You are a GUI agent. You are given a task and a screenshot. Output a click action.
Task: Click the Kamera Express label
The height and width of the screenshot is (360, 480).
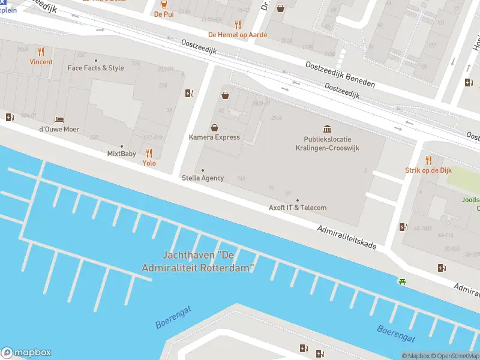click(214, 137)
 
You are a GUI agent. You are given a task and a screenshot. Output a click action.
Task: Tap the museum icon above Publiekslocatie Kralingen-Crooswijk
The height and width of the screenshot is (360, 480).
click(327, 129)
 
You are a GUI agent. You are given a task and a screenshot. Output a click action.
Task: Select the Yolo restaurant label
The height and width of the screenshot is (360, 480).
click(149, 163)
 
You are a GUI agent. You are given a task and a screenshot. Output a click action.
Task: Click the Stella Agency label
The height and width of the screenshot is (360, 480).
click(203, 178)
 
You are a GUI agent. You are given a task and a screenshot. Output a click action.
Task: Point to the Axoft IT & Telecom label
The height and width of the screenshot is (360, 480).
click(298, 208)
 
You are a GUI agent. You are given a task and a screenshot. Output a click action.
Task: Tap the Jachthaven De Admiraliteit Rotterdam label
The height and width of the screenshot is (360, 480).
click(198, 262)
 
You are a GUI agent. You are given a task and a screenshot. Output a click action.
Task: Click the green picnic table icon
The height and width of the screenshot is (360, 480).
click(402, 281)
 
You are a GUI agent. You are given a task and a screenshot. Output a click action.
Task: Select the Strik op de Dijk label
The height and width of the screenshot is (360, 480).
click(428, 170)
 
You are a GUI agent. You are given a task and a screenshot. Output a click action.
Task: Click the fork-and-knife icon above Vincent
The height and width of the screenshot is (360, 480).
click(41, 52)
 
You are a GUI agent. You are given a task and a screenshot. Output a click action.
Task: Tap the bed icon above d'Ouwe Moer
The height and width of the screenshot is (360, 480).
click(59, 120)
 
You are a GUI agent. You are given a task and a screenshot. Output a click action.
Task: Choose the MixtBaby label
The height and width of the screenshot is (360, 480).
click(121, 154)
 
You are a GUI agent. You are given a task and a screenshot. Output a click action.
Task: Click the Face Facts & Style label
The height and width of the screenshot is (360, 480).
click(95, 68)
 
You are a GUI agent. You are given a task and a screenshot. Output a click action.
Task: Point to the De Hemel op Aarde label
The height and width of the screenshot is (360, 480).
click(238, 35)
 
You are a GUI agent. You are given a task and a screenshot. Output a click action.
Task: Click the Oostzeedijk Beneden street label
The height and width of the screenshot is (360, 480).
click(340, 75)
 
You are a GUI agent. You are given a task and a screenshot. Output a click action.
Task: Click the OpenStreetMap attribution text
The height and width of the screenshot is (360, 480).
click(456, 356)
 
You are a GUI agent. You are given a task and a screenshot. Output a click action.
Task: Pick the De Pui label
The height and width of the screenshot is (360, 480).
click(163, 14)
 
